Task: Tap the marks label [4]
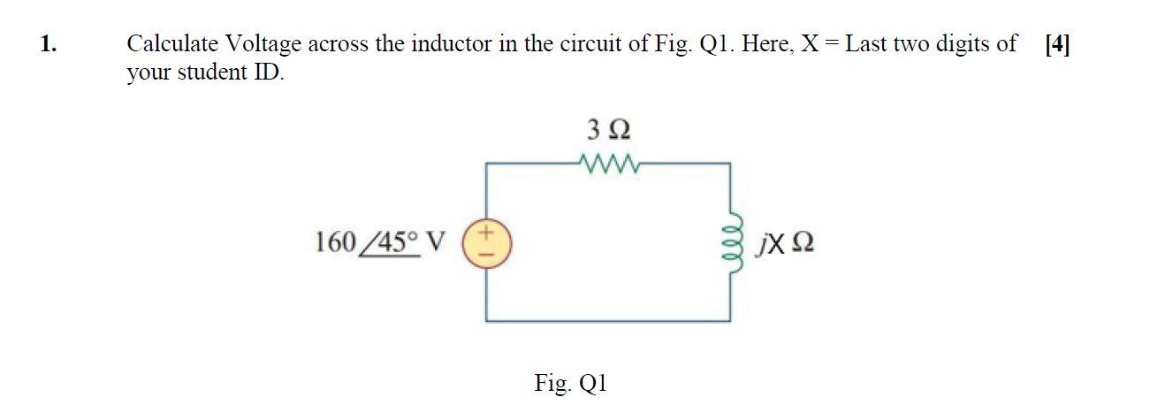click(x=1056, y=44)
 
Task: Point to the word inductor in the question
click(x=460, y=44)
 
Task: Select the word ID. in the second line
click(x=270, y=73)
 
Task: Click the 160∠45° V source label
click(x=380, y=241)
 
